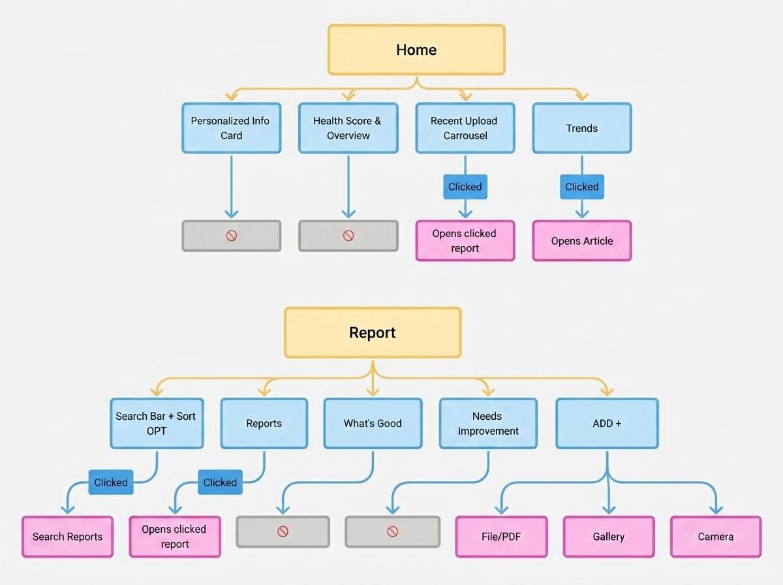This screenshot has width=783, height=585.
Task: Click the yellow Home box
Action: point(416,50)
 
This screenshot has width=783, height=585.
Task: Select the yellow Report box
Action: point(373,332)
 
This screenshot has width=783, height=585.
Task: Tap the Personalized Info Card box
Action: point(231,128)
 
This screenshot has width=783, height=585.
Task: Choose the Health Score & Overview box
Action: point(348,128)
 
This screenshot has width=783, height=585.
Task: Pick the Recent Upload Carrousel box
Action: point(465,128)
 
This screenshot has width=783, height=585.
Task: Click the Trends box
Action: point(582,128)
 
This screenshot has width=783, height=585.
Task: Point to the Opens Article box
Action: point(582,241)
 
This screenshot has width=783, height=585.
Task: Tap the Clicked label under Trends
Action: point(582,187)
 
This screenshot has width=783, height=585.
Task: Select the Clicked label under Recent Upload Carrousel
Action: point(465,187)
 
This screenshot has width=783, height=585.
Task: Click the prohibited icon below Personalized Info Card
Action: point(231,236)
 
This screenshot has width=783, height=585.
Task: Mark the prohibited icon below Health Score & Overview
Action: point(348,236)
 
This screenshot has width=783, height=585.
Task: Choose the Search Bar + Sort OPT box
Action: point(157,423)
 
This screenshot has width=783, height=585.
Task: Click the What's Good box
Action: point(373,423)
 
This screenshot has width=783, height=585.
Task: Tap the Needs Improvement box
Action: point(488,423)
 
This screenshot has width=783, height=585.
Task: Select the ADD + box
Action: point(607,423)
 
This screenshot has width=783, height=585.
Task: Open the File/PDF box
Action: point(501,537)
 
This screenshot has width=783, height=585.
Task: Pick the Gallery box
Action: point(609,537)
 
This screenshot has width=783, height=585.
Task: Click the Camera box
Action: point(716,537)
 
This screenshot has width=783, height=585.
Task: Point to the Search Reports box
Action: point(67,537)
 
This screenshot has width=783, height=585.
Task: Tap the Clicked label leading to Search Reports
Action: point(111,482)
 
